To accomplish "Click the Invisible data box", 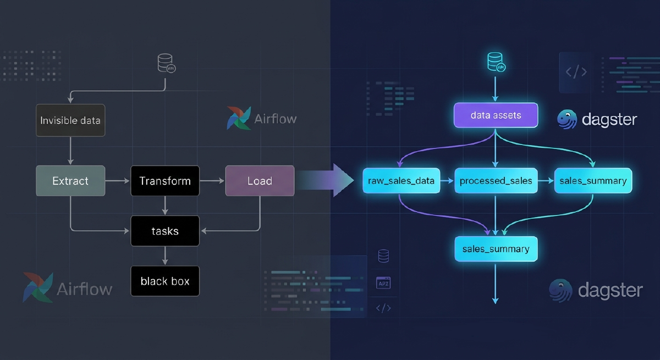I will (70, 120).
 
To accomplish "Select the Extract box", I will (70, 181).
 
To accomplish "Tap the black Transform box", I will (165, 181).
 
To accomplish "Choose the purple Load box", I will (260, 181).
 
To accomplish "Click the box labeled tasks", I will (165, 231).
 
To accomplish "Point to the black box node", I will (165, 281).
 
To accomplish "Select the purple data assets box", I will (496, 115).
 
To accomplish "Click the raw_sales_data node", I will (401, 181).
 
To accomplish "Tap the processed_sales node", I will (496, 181).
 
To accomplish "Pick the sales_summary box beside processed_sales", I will (593, 181).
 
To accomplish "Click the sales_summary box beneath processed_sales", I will (496, 248).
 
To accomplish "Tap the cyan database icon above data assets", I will (496, 62).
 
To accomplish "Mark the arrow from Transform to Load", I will (212, 181).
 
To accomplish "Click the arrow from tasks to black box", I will (165, 256).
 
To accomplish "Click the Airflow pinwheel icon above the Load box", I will (239, 118).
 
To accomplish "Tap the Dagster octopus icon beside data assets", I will (567, 119).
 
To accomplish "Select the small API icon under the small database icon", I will (383, 283).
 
